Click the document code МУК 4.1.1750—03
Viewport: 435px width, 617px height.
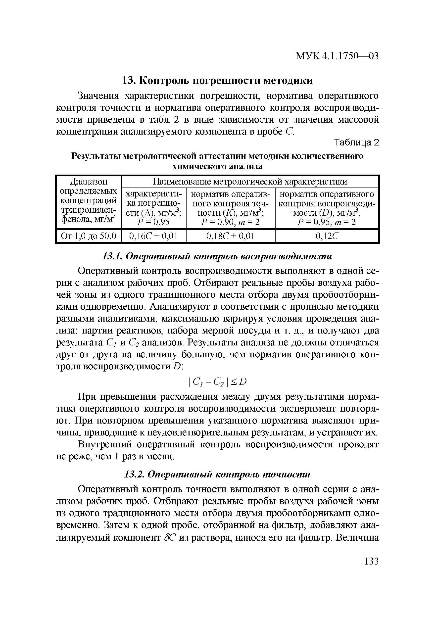(x=337, y=56)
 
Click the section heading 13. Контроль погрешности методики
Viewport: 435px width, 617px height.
(x=217, y=81)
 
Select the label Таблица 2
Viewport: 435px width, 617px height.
(x=356, y=143)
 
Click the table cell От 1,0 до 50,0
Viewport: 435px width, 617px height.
(x=88, y=236)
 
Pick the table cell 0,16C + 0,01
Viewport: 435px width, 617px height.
(x=153, y=236)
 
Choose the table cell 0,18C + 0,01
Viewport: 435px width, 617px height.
(x=230, y=236)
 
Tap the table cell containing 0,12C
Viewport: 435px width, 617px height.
(x=327, y=236)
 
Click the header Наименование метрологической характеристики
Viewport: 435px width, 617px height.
(x=250, y=182)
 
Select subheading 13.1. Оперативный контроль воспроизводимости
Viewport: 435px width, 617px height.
(x=217, y=256)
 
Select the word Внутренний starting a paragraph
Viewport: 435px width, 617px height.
(x=105, y=445)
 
